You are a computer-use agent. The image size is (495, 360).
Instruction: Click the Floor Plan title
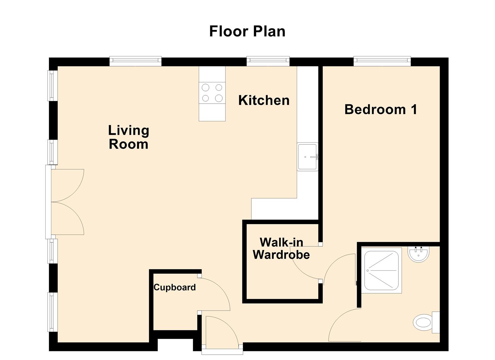pyautogui.click(x=247, y=31)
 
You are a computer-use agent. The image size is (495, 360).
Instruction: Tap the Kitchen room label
pyautogui.click(x=264, y=100)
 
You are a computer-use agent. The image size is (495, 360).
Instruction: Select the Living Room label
pyautogui.click(x=129, y=137)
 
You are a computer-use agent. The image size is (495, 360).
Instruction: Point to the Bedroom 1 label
pyautogui.click(x=381, y=109)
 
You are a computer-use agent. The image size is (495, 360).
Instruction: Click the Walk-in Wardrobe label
pyautogui.click(x=281, y=248)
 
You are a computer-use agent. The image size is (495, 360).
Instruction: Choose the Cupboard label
pyautogui.click(x=174, y=287)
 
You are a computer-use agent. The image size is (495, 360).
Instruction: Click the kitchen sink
pyautogui.click(x=307, y=157)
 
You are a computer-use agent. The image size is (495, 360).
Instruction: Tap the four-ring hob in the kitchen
pyautogui.click(x=212, y=93)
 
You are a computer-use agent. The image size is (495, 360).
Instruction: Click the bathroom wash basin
pyautogui.click(x=418, y=254)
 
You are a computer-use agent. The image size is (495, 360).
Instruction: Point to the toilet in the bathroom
pyautogui.click(x=425, y=323)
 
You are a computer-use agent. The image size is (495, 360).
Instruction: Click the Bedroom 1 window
pyautogui.click(x=382, y=60)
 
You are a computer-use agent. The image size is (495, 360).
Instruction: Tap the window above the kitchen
pyautogui.click(x=268, y=60)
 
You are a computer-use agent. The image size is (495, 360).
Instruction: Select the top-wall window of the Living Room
pyautogui.click(x=135, y=60)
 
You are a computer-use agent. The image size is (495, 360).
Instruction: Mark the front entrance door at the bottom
pyautogui.click(x=222, y=333)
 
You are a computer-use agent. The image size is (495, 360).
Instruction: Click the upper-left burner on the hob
pyautogui.click(x=206, y=87)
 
